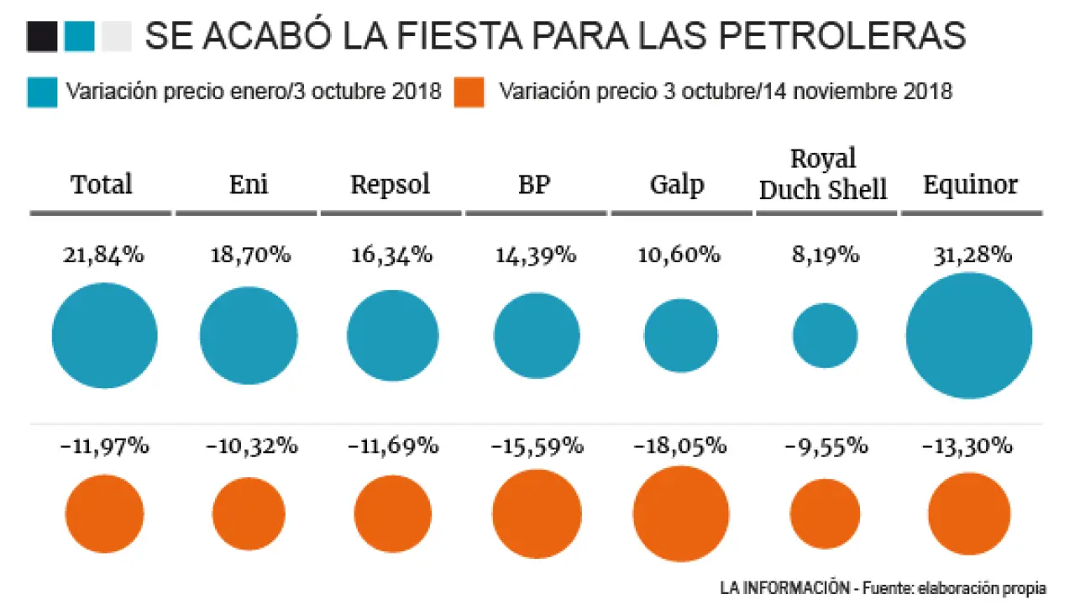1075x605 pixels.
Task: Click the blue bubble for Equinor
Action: tap(968, 336)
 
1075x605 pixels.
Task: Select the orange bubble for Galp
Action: tap(680, 513)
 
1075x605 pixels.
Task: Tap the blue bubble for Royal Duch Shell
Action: tap(825, 336)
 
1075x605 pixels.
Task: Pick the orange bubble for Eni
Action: tap(249, 513)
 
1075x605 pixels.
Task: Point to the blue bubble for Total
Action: tap(104, 336)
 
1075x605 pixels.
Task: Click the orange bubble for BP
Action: tap(537, 513)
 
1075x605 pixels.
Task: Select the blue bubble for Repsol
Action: tap(392, 336)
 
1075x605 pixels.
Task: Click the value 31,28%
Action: tap(972, 255)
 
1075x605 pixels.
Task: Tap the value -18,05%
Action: tap(681, 446)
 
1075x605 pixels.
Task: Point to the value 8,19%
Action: tap(825, 255)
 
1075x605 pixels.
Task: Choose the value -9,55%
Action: tap(826, 446)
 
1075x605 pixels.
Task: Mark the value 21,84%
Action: tap(103, 255)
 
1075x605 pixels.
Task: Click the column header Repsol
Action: tap(391, 185)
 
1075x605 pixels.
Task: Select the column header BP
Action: tap(535, 185)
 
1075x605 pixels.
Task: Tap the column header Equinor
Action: tap(970, 185)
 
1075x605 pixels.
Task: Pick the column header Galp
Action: tap(677, 185)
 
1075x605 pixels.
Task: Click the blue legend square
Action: tap(42, 92)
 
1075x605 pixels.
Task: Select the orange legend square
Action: tap(469, 92)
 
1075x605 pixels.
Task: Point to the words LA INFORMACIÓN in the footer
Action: tap(784, 585)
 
